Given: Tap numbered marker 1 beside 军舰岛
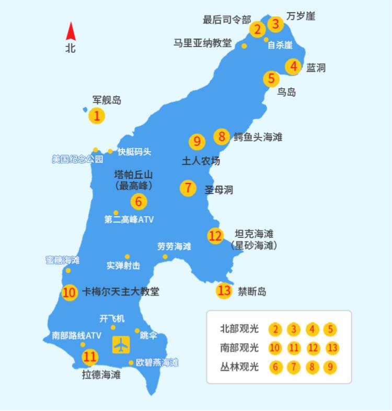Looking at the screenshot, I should click(97, 116).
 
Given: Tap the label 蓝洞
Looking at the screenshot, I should click(316, 67).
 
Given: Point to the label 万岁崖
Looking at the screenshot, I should click(301, 16).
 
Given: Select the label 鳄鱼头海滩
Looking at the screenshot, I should click(258, 137).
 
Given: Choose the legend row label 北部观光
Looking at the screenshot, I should click(239, 329).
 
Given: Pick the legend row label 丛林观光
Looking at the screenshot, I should click(239, 367).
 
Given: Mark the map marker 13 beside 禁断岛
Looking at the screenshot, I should click(224, 291).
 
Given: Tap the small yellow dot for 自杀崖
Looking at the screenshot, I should click(267, 39).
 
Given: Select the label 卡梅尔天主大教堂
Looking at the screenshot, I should click(121, 292).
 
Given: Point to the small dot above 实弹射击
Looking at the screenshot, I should click(127, 257).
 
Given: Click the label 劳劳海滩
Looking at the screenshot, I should click(174, 246).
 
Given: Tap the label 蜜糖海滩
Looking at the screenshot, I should click(63, 260).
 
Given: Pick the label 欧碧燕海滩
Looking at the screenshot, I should click(157, 362).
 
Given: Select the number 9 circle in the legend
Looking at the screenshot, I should click(330, 367).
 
